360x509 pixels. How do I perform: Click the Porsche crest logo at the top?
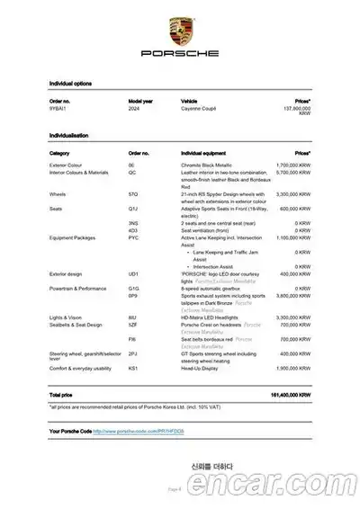tap(179, 27)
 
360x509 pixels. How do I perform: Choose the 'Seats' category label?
tap(55, 208)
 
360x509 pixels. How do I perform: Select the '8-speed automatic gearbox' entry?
tap(213, 290)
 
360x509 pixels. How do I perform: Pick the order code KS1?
tap(132, 368)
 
